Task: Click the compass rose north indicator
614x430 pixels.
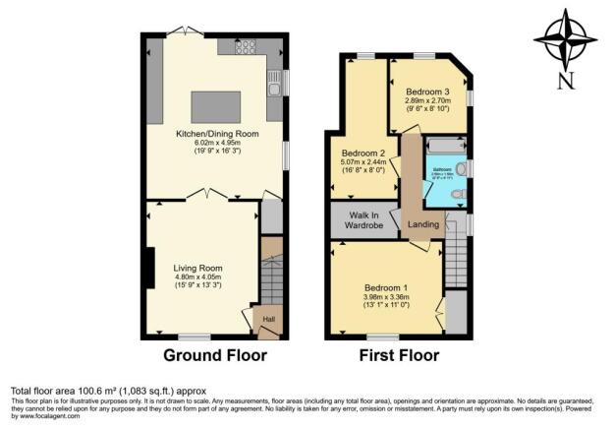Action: click(565, 45)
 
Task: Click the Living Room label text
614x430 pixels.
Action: click(197, 268)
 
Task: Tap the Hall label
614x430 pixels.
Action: click(267, 320)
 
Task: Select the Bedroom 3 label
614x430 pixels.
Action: click(425, 91)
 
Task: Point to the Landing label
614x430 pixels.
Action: click(423, 225)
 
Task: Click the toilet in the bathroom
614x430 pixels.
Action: click(459, 195)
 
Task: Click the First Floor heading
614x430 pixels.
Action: click(398, 355)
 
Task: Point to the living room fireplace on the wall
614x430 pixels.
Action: click(150, 269)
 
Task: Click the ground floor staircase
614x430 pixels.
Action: click(271, 278)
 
